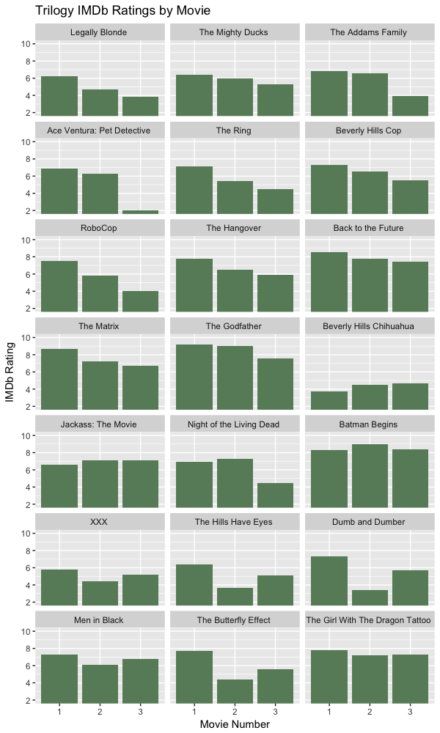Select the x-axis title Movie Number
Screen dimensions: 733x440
tap(235, 724)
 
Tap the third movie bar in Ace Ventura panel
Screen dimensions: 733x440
tap(140, 212)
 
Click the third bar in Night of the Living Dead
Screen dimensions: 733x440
tap(275, 496)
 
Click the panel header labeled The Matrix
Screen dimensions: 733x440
tap(98, 326)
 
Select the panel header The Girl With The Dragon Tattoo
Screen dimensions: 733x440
tap(370, 620)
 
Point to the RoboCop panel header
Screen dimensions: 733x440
tap(98, 228)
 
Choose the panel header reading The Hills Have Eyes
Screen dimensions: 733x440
tap(235, 522)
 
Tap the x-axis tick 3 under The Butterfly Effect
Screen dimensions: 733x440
tap(275, 710)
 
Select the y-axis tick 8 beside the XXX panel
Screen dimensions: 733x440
tap(27, 550)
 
